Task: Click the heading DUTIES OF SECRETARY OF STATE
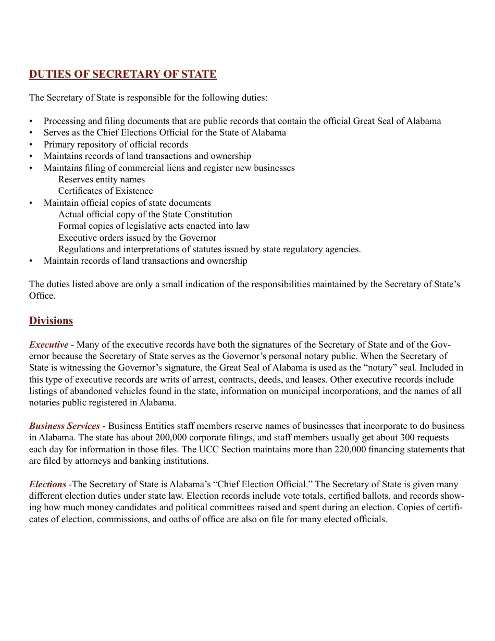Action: (122, 74)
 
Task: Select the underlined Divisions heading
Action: (51, 320)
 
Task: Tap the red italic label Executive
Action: (48, 344)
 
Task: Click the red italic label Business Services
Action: (64, 426)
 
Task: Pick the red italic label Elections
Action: (47, 484)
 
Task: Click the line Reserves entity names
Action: (102, 179)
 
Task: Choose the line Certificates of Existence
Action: (105, 191)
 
